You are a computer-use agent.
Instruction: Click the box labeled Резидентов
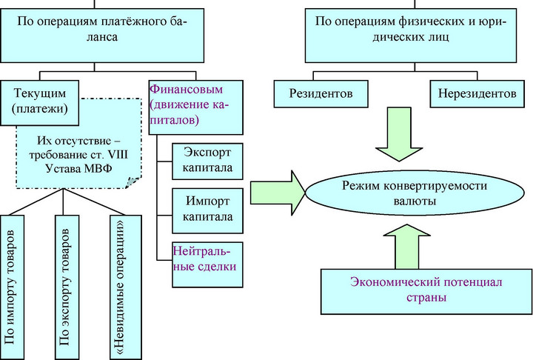(x=321, y=94)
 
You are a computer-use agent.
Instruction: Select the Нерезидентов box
(x=477, y=94)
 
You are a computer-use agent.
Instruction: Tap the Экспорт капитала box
(x=207, y=161)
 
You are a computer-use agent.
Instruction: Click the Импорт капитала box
(x=207, y=210)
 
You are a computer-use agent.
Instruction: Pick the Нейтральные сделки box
(x=207, y=264)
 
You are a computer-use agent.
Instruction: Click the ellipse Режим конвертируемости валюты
(x=415, y=193)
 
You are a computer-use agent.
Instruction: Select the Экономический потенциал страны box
(x=426, y=291)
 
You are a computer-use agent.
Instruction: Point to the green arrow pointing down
(x=399, y=134)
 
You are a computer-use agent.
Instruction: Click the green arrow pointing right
(x=278, y=193)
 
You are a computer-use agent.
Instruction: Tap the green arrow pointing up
(x=407, y=247)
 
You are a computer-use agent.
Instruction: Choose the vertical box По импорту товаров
(x=12, y=287)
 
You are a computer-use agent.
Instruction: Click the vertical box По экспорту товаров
(x=67, y=287)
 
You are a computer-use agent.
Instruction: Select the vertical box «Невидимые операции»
(x=125, y=287)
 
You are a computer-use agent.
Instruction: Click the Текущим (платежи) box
(x=40, y=103)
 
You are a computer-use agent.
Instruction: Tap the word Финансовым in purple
(x=187, y=90)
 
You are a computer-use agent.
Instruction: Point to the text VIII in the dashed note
(x=118, y=155)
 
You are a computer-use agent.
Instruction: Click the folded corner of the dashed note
(x=133, y=181)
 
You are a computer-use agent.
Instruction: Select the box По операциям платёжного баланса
(x=102, y=36)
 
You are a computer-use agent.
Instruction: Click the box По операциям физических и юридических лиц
(x=411, y=36)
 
